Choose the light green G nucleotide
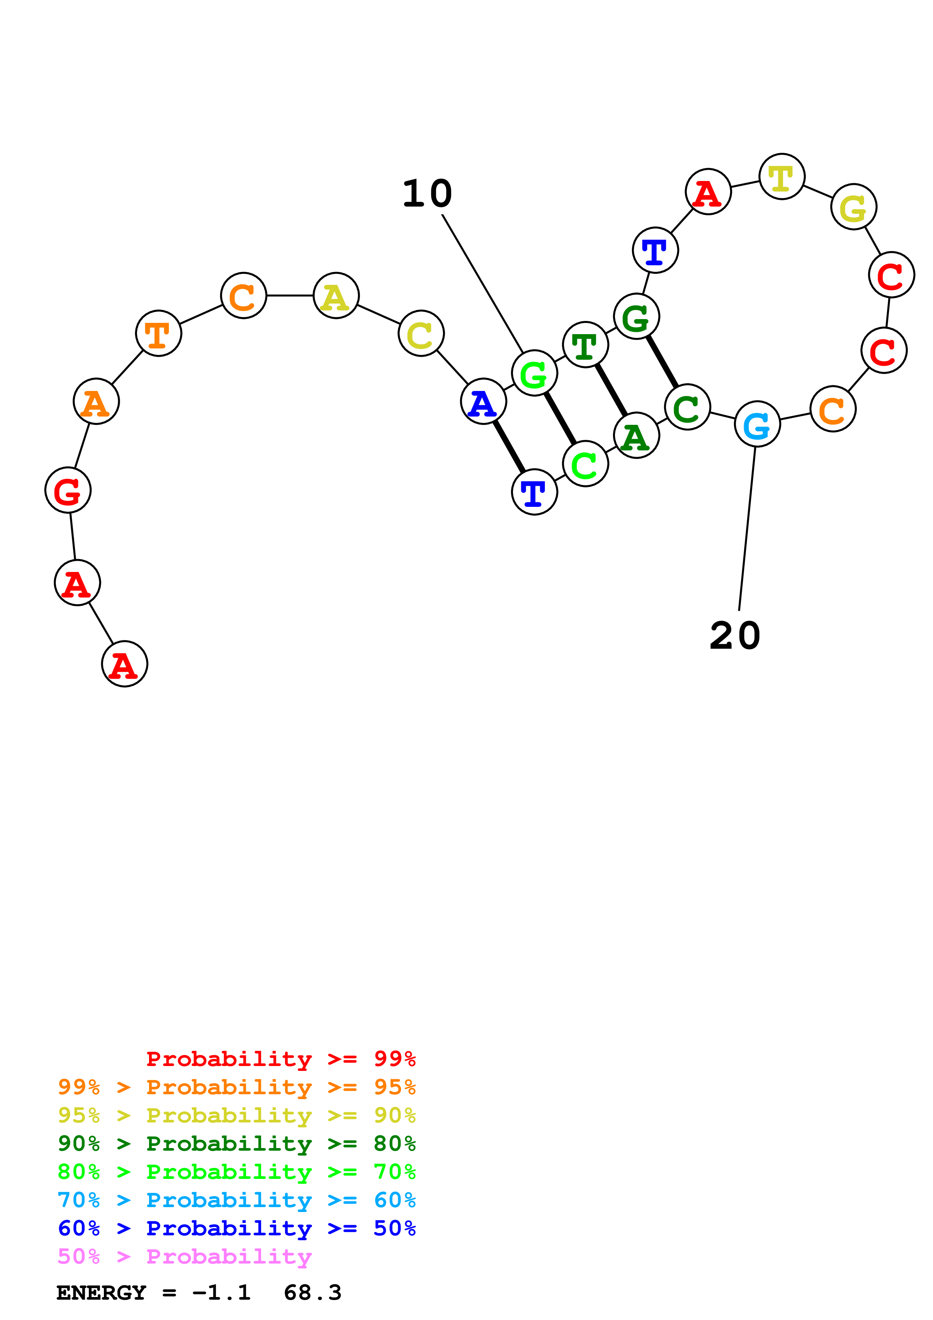(534, 373)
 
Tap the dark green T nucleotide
(585, 345)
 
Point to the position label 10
(427, 194)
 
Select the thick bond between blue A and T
(509, 447)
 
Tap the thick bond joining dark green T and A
(610, 390)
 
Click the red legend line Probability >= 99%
(280, 1059)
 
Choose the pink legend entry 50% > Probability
(184, 1257)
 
